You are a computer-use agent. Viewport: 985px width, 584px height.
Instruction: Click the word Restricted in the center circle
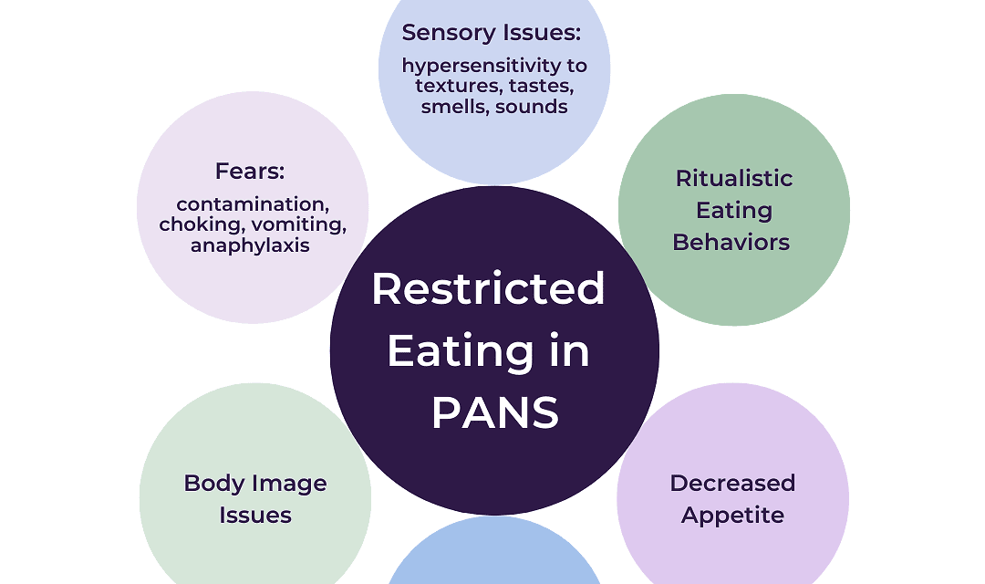(x=488, y=289)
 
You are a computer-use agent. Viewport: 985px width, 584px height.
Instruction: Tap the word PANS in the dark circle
(x=495, y=413)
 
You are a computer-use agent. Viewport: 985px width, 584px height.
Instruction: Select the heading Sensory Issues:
(x=492, y=33)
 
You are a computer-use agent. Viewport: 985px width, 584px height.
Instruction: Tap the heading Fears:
(x=250, y=171)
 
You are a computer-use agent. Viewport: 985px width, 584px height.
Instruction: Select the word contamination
(x=253, y=203)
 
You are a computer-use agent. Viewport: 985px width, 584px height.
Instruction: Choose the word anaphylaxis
(x=250, y=245)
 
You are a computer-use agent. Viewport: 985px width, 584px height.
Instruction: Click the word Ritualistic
(x=734, y=178)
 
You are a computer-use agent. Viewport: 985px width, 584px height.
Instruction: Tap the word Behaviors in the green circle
(x=731, y=242)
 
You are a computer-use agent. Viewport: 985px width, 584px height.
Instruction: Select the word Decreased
(x=732, y=483)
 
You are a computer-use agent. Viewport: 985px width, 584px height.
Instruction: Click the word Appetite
(x=732, y=516)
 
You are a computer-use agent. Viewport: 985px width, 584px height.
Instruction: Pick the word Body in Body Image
(x=204, y=483)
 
